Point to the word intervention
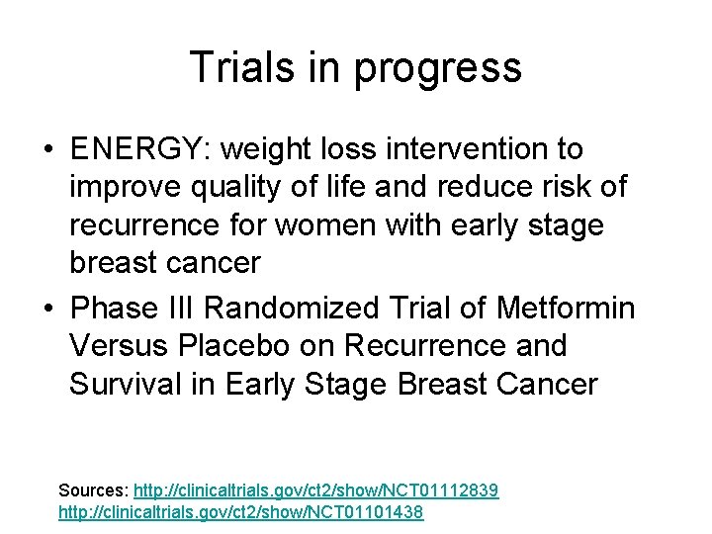(469, 149)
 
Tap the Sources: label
(93, 490)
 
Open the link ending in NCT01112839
(315, 490)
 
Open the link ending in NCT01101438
(241, 513)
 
